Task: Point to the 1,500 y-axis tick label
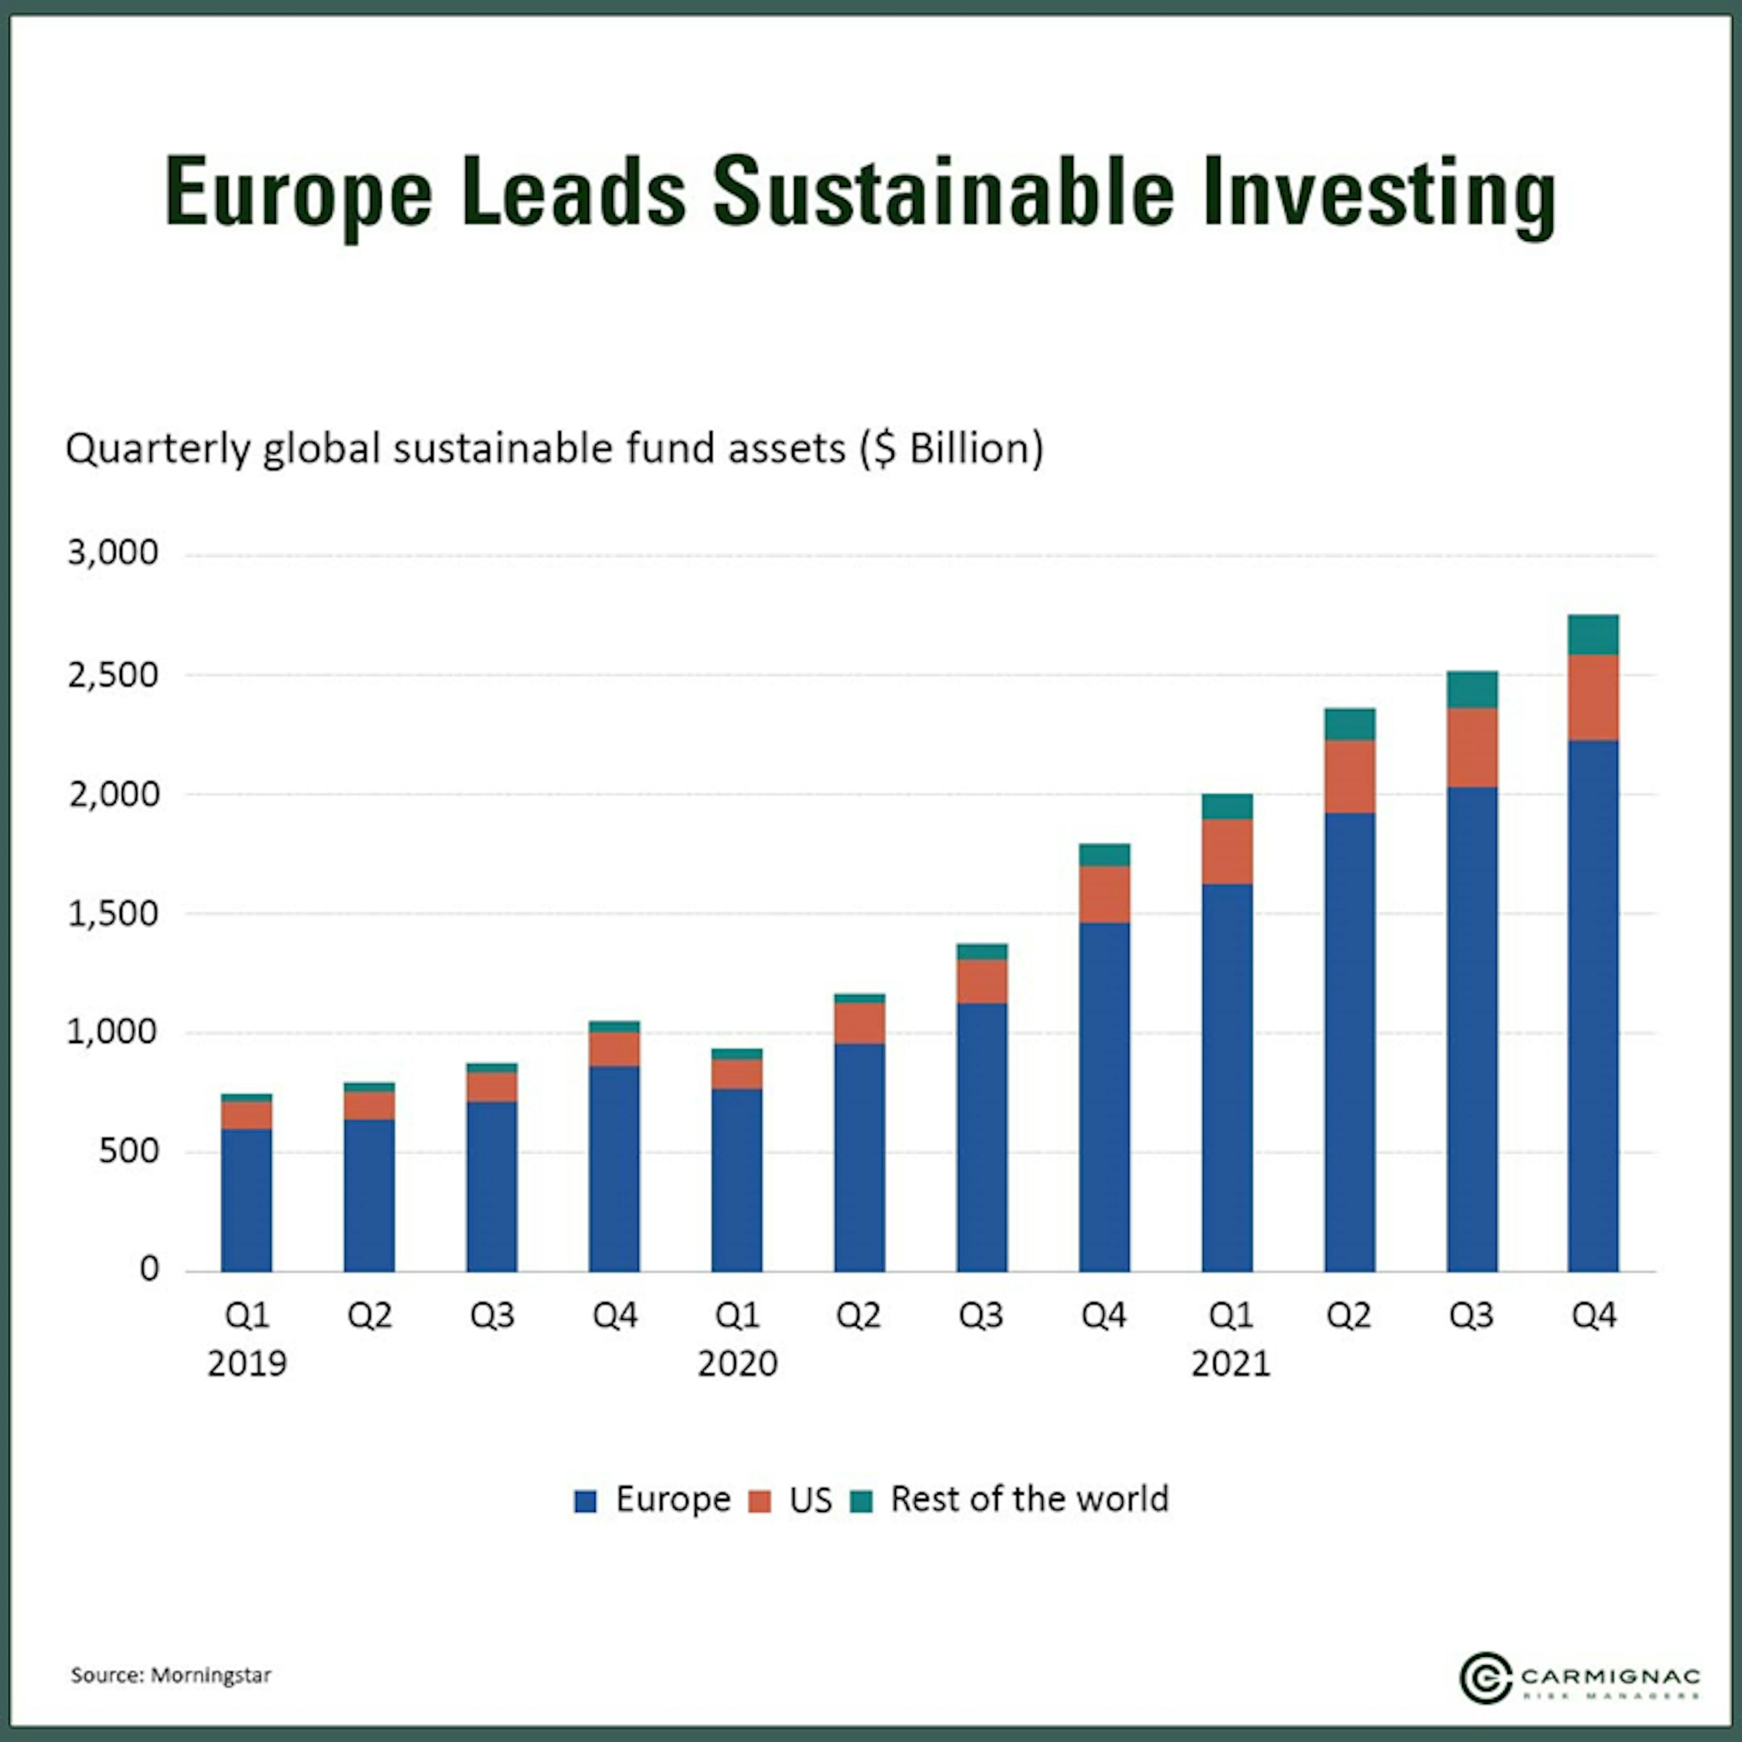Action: (113, 913)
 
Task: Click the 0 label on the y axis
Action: (149, 1270)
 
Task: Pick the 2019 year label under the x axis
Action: (247, 1363)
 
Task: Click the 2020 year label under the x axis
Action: (738, 1363)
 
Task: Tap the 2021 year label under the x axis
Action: (1231, 1363)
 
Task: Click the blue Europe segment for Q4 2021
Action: (1593, 1005)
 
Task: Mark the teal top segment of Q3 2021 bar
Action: (1472, 690)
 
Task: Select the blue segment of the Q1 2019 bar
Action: (247, 1199)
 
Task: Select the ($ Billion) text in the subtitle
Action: (951, 448)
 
